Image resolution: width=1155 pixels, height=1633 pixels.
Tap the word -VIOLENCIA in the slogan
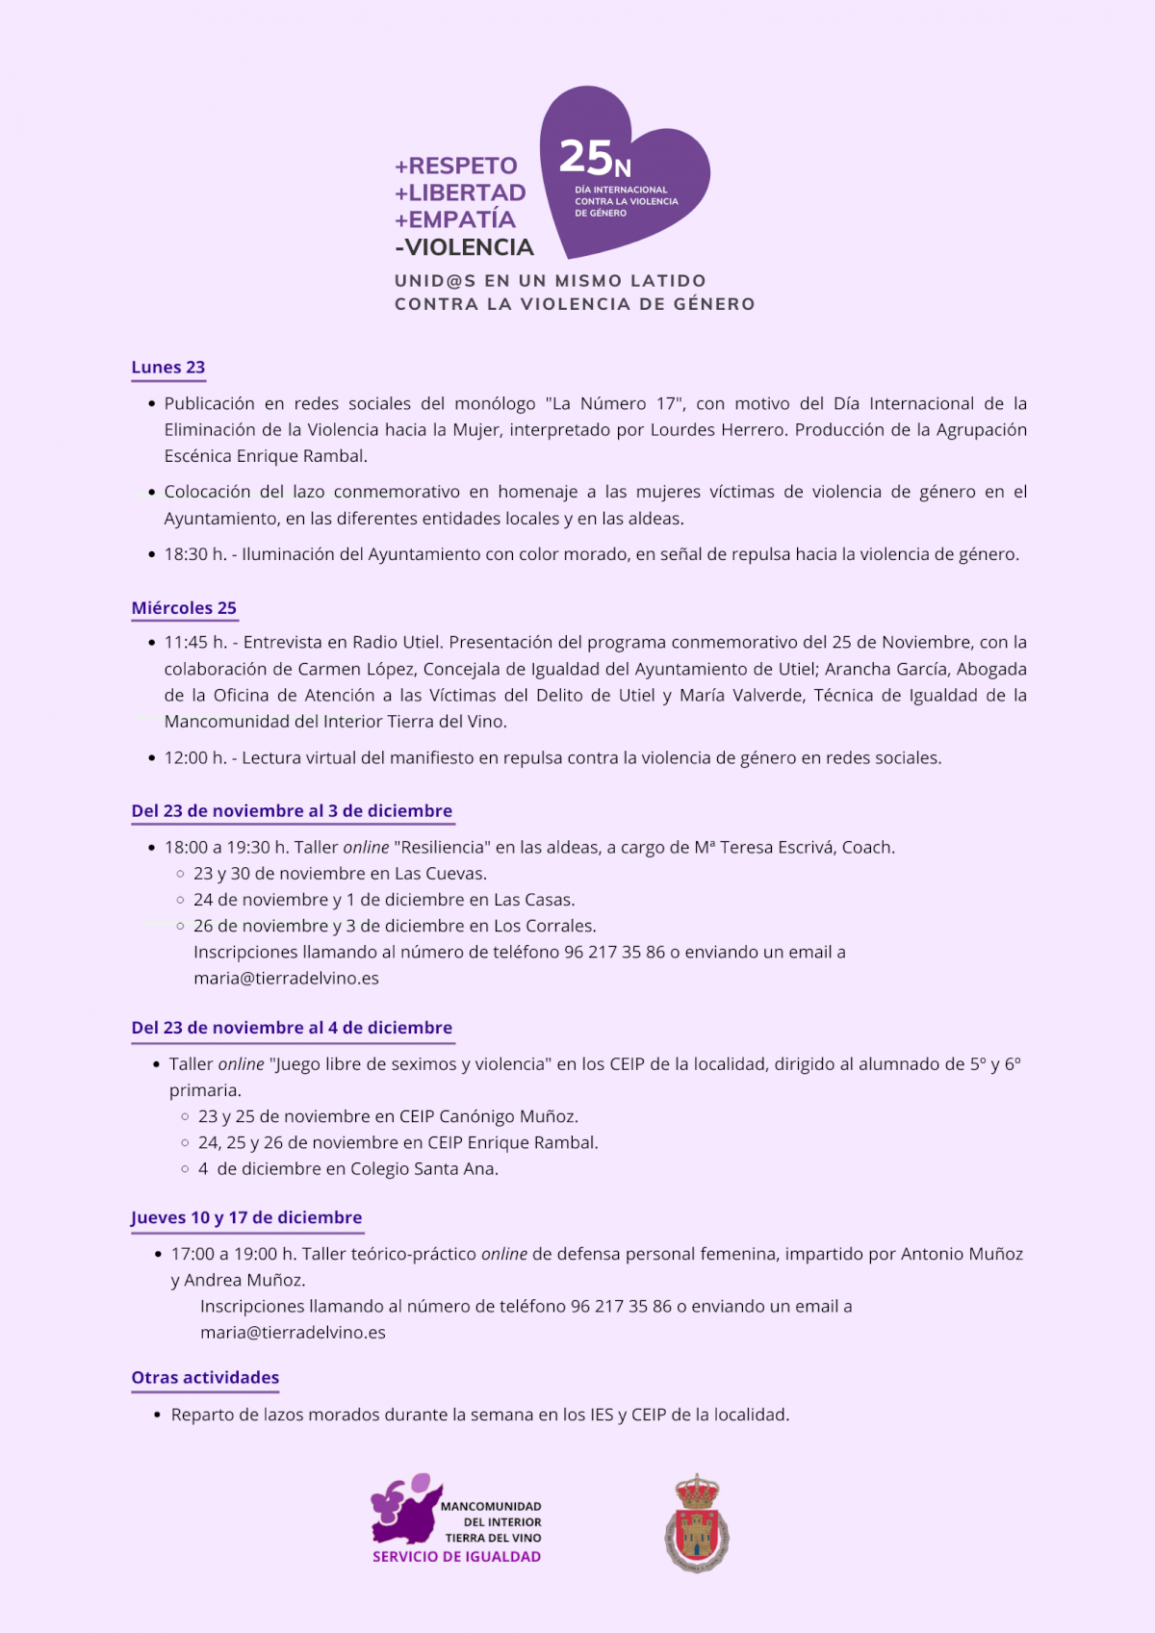(464, 247)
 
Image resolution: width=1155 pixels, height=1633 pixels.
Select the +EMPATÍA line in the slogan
(455, 219)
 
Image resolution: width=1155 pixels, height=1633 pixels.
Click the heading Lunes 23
(168, 367)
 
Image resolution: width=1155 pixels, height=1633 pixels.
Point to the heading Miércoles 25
(184, 607)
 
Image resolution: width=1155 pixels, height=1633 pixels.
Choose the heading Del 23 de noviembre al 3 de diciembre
(292, 810)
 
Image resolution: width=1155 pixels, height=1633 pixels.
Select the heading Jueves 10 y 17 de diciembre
(246, 1217)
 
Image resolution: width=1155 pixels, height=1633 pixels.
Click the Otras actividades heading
(205, 1377)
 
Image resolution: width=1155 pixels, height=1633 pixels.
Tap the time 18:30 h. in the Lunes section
(195, 554)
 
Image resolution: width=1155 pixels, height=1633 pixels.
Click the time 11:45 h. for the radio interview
(195, 642)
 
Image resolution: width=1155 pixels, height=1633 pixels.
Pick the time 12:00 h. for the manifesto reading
(195, 757)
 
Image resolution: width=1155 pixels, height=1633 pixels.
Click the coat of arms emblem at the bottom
(696, 1523)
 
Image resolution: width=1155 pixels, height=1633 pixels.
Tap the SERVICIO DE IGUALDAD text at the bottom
(456, 1556)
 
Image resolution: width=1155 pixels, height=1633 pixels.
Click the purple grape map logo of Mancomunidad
(405, 1508)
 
